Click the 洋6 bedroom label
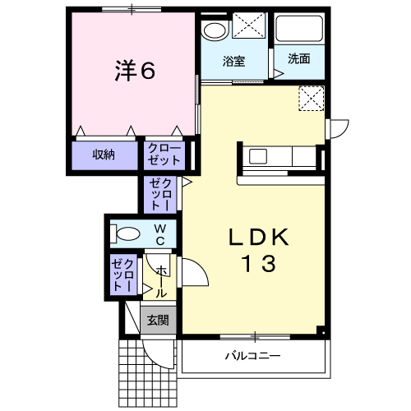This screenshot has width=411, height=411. point(135,70)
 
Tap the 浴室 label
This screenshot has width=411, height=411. point(233,61)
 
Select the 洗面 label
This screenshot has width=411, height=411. point(299,58)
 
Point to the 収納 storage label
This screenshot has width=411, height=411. point(104,155)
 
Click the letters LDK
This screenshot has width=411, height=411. point(259,238)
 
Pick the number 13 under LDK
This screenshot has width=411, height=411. point(259,264)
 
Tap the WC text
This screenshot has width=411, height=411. point(160,234)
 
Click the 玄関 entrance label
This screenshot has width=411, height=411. point(158,320)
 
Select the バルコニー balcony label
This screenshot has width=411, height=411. point(253,356)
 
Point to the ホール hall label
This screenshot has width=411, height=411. point(161,282)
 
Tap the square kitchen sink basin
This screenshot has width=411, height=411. point(258,156)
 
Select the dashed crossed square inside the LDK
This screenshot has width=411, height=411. point(312,99)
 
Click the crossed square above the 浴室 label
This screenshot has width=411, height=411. point(249,25)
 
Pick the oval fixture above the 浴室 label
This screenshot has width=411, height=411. point(215,30)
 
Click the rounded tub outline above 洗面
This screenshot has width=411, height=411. point(299,28)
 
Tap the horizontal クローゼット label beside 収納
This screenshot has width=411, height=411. point(164,155)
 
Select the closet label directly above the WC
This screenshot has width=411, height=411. point(161,194)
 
